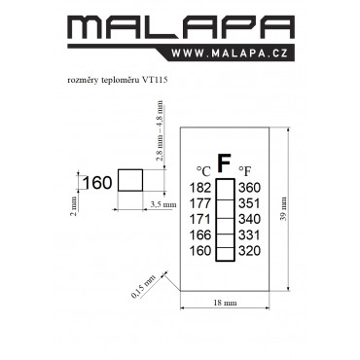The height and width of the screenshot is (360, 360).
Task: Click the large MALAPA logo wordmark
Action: click(181, 27)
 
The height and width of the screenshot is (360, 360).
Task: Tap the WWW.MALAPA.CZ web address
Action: click(230, 53)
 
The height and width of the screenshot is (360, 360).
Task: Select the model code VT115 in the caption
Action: click(155, 80)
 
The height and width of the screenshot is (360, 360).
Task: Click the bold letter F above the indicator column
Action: click(224, 163)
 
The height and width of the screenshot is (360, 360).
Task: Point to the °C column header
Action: click(203, 171)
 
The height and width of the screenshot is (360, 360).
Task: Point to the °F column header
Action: click(245, 171)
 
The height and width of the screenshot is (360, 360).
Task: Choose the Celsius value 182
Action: click(200, 188)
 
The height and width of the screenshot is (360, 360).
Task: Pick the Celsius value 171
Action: click(200, 219)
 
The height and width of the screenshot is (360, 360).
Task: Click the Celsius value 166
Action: click(200, 234)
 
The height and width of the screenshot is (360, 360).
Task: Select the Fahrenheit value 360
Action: click(249, 188)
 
